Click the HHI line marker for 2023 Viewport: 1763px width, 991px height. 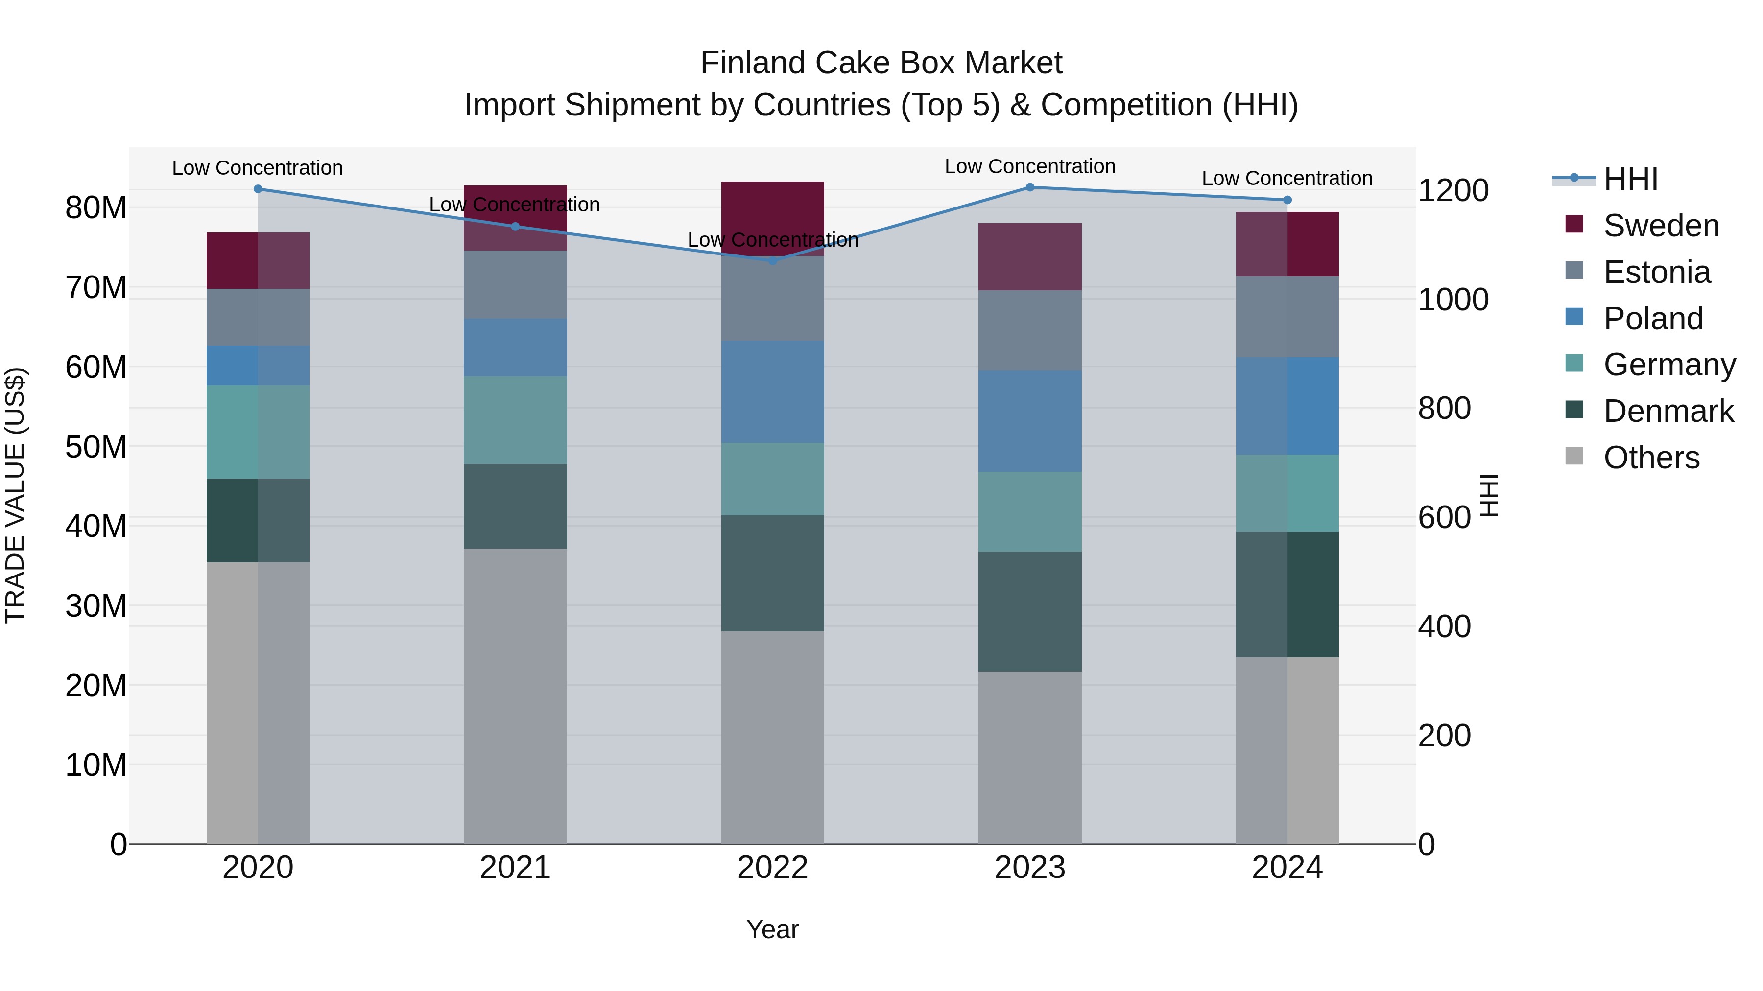coord(1029,187)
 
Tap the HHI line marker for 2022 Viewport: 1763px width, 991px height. coord(773,260)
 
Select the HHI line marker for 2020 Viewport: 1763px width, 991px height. coord(258,189)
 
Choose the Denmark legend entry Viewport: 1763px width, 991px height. coord(1668,411)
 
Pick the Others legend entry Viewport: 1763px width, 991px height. coord(1651,458)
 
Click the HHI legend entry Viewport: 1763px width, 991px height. coord(1630,179)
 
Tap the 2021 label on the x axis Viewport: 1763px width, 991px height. coord(515,868)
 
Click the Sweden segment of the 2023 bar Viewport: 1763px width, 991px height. coord(1029,256)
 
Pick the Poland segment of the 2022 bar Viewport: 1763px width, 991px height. coord(773,392)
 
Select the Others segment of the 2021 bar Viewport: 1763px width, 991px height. coord(515,696)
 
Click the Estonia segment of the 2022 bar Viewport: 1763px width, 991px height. coord(773,299)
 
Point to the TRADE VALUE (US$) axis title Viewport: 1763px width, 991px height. coord(15,495)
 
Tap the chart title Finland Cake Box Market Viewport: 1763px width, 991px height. coord(881,63)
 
